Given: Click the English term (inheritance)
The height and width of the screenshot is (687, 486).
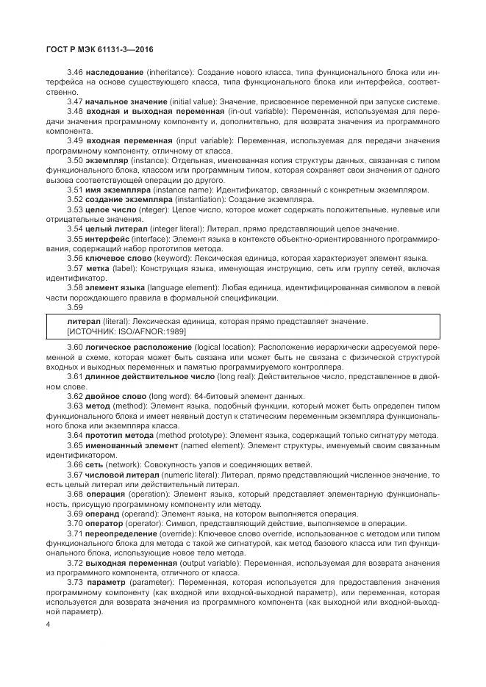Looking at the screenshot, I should click(171, 73).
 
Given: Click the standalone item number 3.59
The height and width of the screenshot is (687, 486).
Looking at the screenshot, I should click(75, 307).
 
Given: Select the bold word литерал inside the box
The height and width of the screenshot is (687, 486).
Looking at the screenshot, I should click(84, 323).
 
